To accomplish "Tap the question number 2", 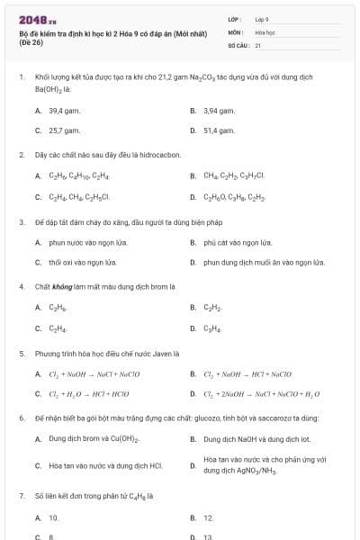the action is pos(21,155).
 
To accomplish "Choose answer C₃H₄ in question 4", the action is pos(212,328).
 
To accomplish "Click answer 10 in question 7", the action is pos(54,517).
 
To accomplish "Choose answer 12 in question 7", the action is pos(208,517).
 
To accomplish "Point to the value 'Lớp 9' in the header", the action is pos(262,18).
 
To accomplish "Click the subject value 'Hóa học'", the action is pos(265,31).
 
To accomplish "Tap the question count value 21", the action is pos(258,44).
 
